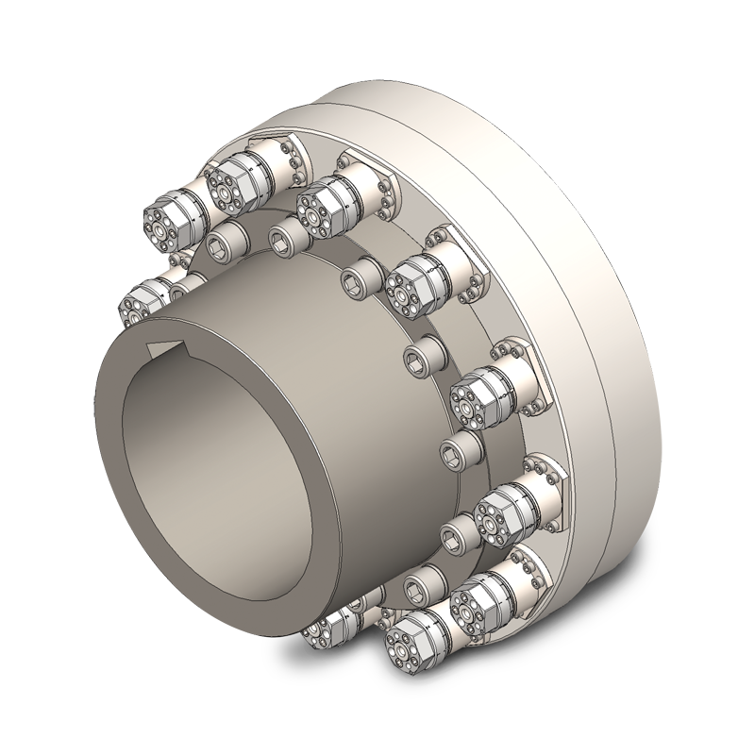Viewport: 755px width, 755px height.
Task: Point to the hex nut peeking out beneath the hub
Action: [x=326, y=628]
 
